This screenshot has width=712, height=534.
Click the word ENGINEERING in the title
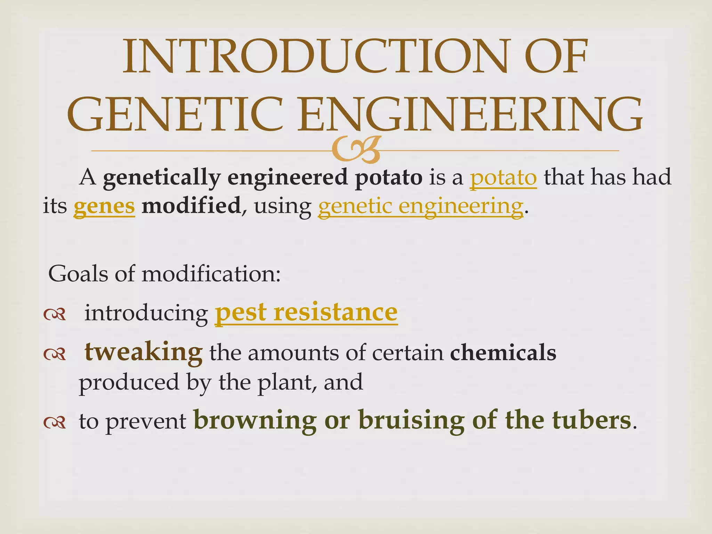click(469, 114)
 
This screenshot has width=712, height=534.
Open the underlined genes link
click(104, 206)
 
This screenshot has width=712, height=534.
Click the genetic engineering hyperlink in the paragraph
click(420, 206)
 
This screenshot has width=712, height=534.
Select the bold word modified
click(191, 205)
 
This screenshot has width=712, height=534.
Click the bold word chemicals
click(503, 353)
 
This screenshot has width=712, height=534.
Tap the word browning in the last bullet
click(255, 420)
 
